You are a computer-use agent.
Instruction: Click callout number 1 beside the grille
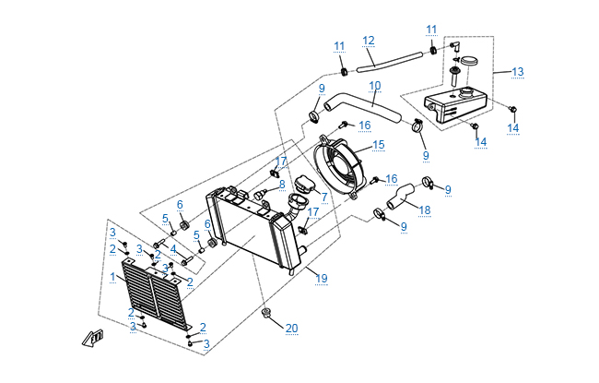112,276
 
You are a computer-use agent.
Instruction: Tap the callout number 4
171,248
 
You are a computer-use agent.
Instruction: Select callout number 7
324,197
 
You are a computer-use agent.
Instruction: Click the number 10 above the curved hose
375,86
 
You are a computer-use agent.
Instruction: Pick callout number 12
368,41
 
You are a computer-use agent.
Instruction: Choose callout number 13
517,72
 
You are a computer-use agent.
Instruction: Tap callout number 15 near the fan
378,145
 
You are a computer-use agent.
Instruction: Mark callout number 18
424,210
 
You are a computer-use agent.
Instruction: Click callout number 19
321,278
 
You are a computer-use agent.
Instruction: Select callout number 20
291,329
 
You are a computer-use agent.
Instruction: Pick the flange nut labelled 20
265,315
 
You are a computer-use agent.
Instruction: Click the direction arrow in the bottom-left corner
92,338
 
